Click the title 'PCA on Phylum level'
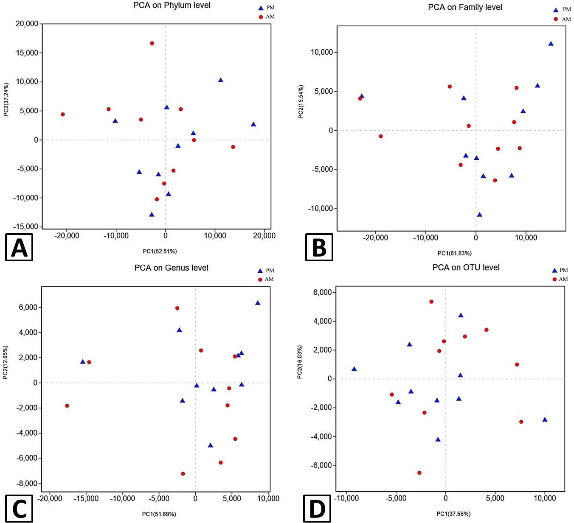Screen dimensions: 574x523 click(172, 6)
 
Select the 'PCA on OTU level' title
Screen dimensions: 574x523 click(466, 267)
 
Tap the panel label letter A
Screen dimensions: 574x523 click(19, 247)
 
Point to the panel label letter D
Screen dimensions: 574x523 click(317, 509)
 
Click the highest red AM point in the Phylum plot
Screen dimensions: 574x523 click(152, 43)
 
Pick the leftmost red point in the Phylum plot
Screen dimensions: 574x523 click(63, 115)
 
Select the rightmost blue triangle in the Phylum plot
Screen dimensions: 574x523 click(253, 124)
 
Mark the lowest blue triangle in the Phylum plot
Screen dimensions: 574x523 click(152, 215)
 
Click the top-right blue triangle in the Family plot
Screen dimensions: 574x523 click(551, 44)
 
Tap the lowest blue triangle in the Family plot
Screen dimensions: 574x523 click(479, 215)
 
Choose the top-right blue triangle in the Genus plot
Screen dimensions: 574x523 click(258, 303)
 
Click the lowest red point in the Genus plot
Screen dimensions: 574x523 click(183, 474)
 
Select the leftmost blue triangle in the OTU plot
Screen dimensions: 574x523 click(354, 369)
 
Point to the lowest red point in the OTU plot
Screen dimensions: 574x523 click(419, 473)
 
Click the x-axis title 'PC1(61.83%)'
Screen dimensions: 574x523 click(454, 253)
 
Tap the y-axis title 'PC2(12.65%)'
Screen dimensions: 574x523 click(6, 362)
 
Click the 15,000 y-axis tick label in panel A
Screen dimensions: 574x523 click(27, 53)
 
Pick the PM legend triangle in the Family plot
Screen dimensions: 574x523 click(556, 10)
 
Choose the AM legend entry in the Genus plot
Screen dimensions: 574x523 click(266, 280)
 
